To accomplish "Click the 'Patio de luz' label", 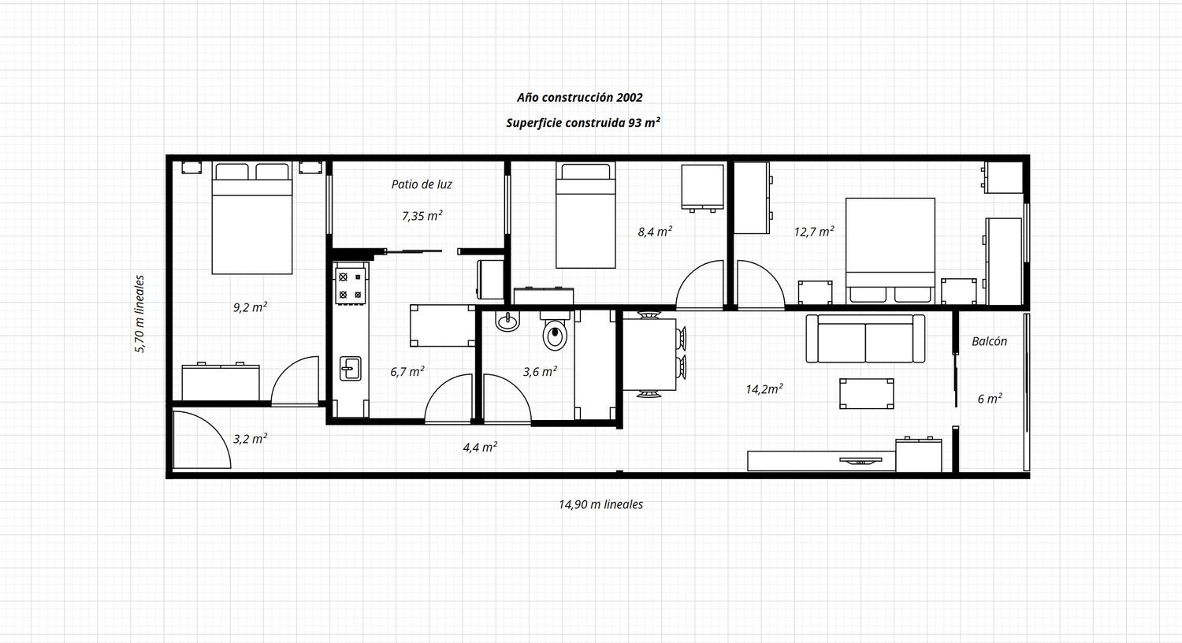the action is pyautogui.click(x=422, y=184).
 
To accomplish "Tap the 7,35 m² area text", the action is pyautogui.click(x=422, y=215).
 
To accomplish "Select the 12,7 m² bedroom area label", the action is pyautogui.click(x=814, y=231).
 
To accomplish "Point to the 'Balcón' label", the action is pyautogui.click(x=990, y=341).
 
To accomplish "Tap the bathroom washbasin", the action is pyautogui.click(x=507, y=321).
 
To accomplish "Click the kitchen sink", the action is pyautogui.click(x=351, y=368).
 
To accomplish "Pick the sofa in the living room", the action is pyautogui.click(x=865, y=339).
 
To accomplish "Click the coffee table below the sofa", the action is pyautogui.click(x=867, y=393).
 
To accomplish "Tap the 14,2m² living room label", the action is pyautogui.click(x=764, y=388).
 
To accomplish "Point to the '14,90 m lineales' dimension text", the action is pyautogui.click(x=601, y=504).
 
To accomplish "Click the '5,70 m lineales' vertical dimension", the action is pyautogui.click(x=139, y=314).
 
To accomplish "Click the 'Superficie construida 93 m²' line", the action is pyautogui.click(x=583, y=122).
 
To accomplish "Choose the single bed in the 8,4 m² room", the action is pyautogui.click(x=585, y=214).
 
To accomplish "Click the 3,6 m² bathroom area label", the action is pyautogui.click(x=540, y=371).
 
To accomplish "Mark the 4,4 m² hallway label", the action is pyautogui.click(x=480, y=448).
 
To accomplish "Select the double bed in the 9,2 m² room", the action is pyautogui.click(x=252, y=217).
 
